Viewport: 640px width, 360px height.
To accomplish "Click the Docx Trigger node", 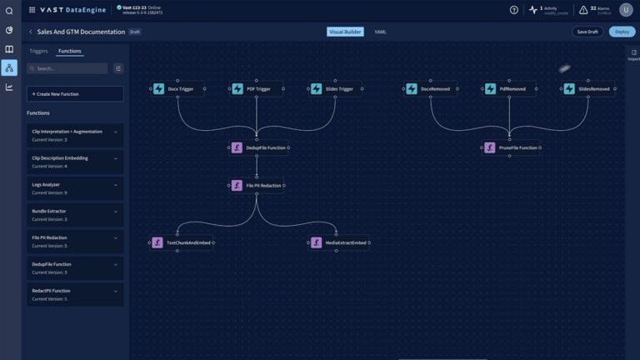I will click(x=177, y=88).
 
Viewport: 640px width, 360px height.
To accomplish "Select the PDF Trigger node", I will click(x=257, y=88).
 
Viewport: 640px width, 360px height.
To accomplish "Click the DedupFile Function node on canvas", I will click(x=258, y=147).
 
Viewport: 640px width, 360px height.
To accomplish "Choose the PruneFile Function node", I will click(x=511, y=147).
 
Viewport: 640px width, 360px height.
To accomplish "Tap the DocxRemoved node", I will click(x=431, y=88).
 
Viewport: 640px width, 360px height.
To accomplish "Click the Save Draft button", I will click(x=587, y=32).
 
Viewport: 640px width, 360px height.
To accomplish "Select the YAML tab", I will click(x=380, y=32).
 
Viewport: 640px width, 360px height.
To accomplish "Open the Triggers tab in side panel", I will click(x=38, y=51).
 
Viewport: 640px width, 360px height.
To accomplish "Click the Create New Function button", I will click(x=75, y=93).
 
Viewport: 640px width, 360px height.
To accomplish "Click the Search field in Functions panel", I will click(x=67, y=68).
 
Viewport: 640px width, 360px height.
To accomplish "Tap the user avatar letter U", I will click(x=626, y=10).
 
